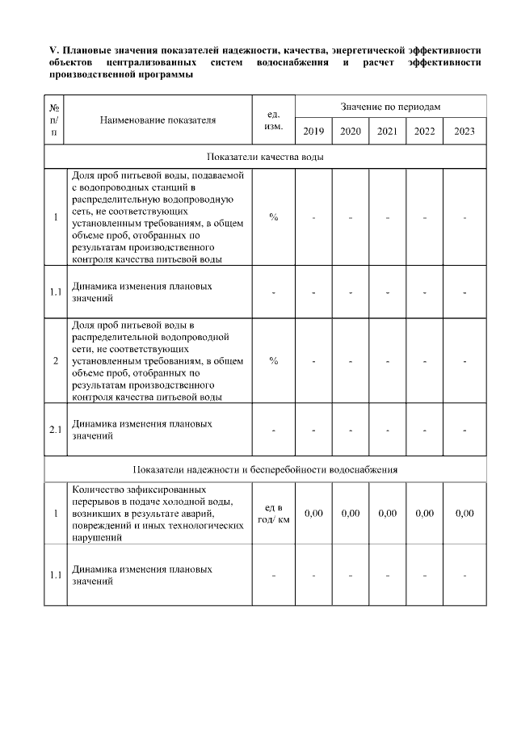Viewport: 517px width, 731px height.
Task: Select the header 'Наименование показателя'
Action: (158, 120)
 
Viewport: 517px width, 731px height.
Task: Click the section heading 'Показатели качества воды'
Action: (265, 157)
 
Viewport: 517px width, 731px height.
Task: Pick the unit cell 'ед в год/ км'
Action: (273, 513)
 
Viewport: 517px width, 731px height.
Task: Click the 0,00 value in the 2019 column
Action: (313, 513)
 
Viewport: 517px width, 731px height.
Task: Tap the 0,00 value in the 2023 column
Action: (464, 513)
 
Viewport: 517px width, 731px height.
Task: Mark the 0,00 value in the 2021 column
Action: (388, 513)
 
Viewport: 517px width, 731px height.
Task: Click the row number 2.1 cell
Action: (54, 429)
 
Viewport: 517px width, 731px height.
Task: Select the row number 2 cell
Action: (54, 360)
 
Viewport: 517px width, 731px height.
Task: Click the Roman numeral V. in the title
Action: (54, 51)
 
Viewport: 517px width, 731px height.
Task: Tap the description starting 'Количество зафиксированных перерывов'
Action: (158, 513)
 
